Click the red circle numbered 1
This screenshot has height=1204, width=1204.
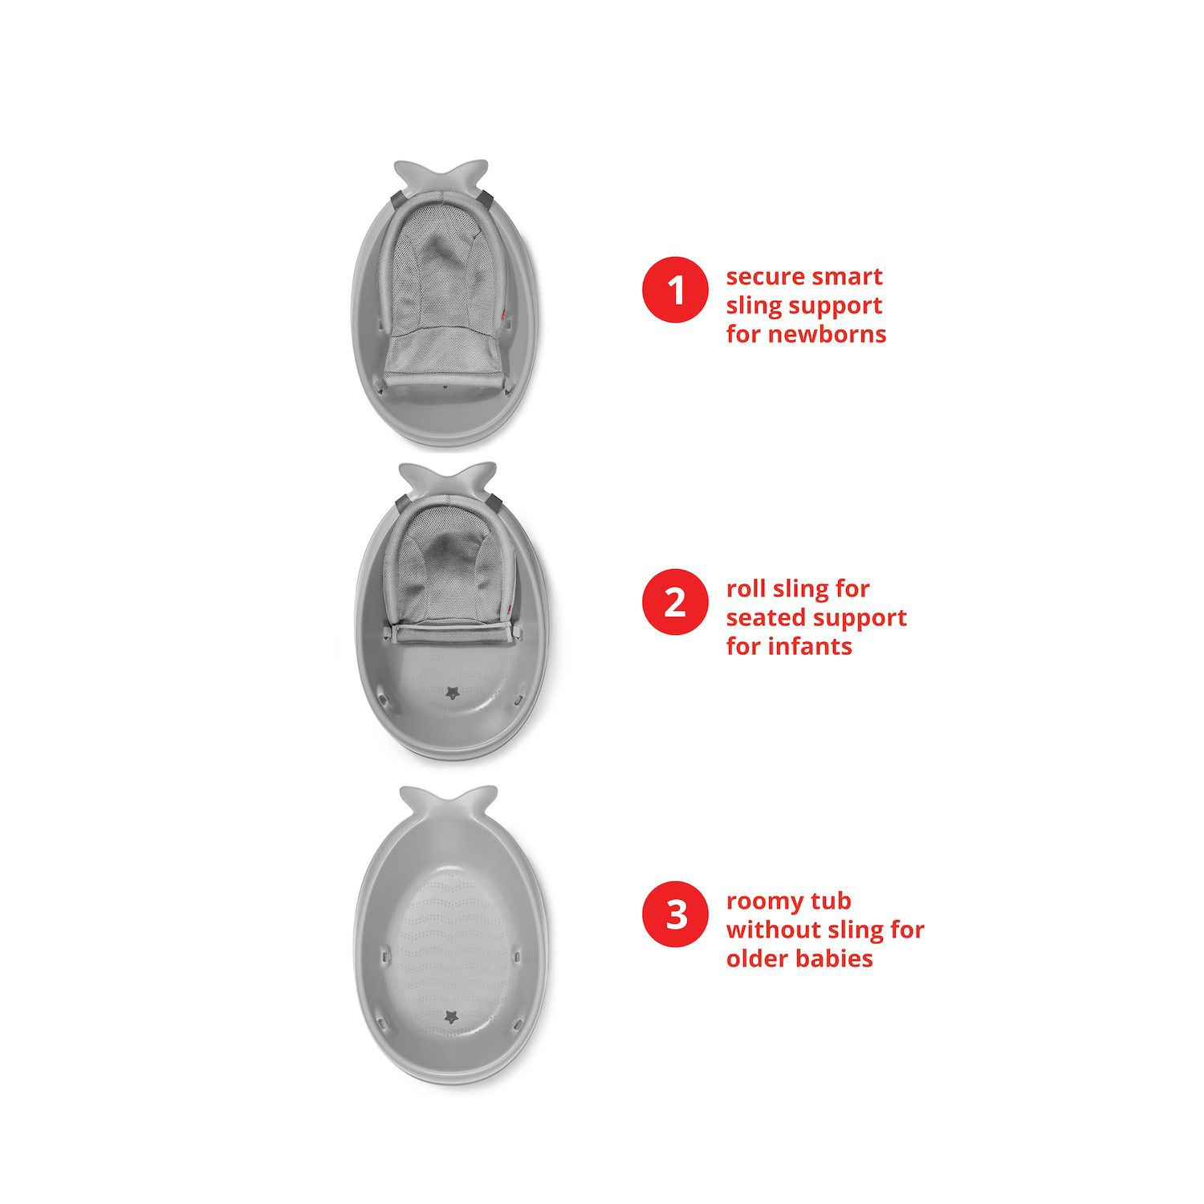[x=675, y=289]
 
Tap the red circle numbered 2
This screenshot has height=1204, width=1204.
[x=675, y=602]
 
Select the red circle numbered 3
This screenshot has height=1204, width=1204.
[x=675, y=914]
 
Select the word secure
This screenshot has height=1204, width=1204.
[x=765, y=277]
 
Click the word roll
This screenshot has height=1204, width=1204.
[x=746, y=588]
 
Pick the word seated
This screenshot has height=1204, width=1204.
[x=768, y=618]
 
